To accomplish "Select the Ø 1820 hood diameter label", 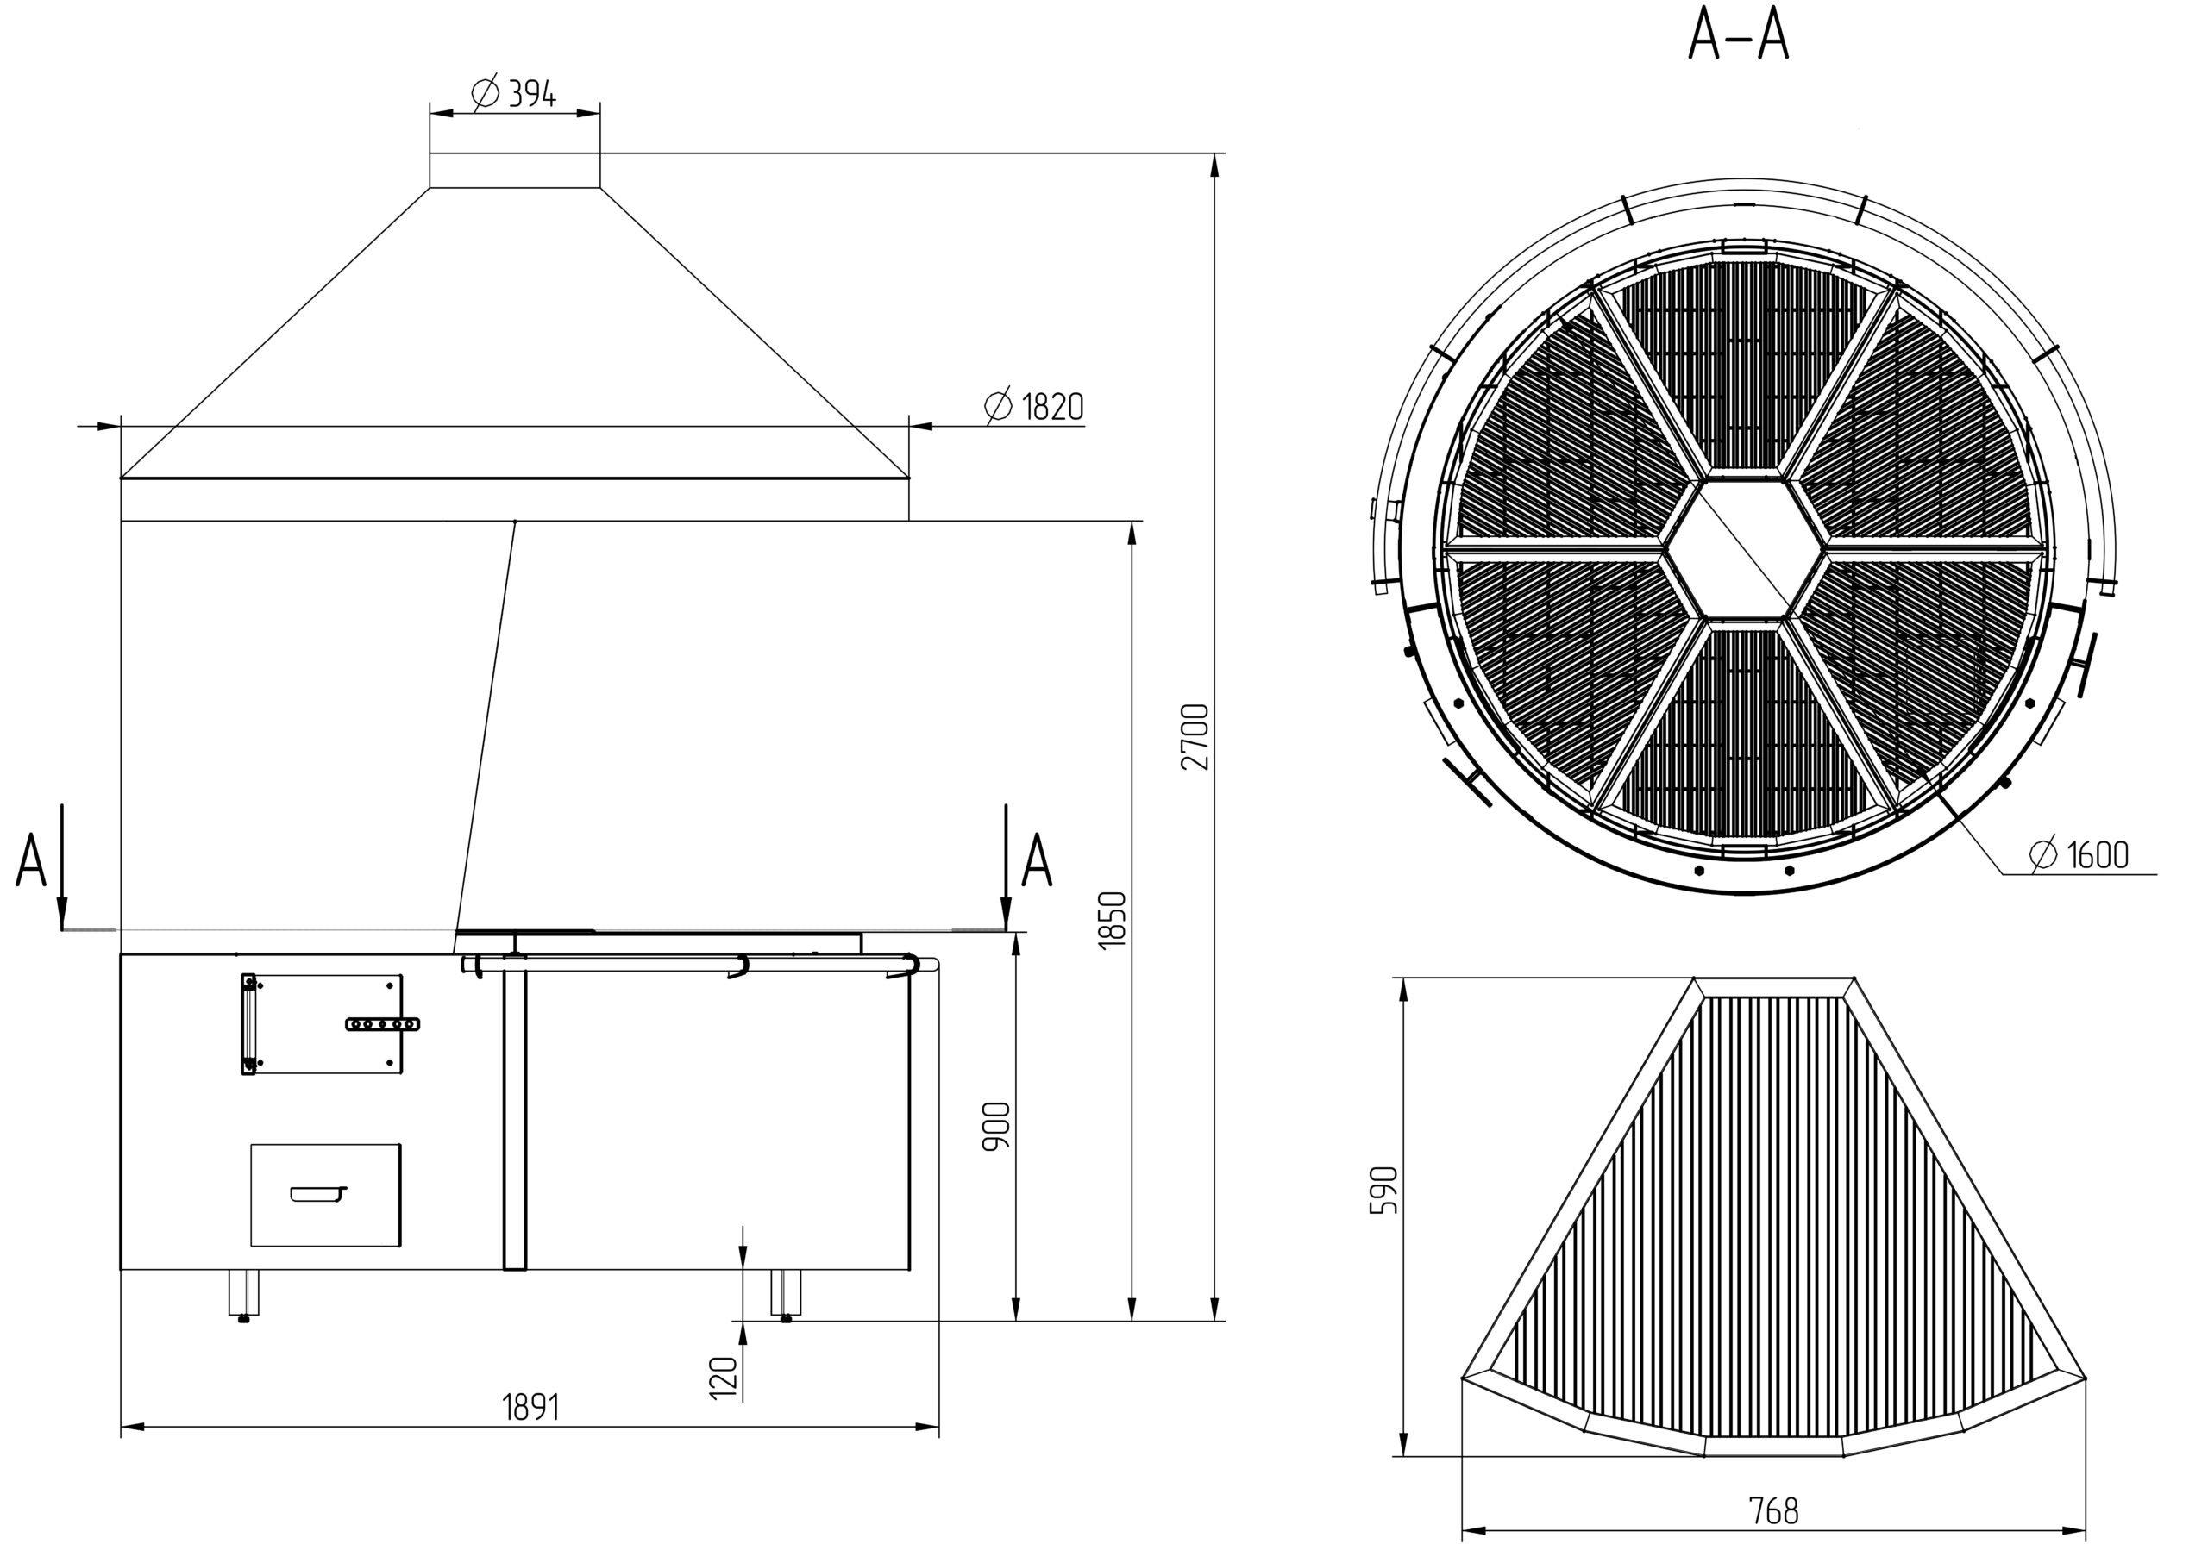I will click(x=1035, y=407).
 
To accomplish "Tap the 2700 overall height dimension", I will click(x=1195, y=736).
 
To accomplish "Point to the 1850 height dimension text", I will click(x=1112, y=920).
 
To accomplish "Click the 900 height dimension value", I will click(x=996, y=1126).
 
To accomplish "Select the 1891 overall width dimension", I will click(x=530, y=1408).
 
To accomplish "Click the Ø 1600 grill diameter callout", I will click(x=2079, y=853).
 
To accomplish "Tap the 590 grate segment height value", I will click(x=1383, y=1191).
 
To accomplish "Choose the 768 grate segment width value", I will click(x=1773, y=1511).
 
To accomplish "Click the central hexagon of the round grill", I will click(x=1746, y=549).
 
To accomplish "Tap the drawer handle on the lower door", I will click(x=317, y=1193).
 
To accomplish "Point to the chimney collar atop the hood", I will click(x=515, y=169).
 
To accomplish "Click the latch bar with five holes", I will click(x=383, y=1024).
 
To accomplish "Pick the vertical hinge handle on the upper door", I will click(x=249, y=1024).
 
